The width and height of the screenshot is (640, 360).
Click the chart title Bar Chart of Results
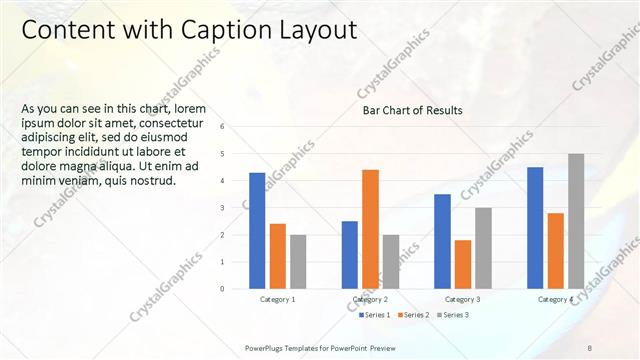click(412, 111)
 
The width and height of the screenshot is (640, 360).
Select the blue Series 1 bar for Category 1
click(257, 230)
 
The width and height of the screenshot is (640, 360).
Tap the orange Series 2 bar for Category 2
click(370, 229)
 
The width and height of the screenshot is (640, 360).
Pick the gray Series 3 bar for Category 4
click(576, 221)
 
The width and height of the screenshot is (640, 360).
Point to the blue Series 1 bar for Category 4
click(535, 227)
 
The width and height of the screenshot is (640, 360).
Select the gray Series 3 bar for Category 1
click(298, 261)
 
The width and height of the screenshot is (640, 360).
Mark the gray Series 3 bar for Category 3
click(483, 248)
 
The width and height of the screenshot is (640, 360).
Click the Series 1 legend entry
click(375, 315)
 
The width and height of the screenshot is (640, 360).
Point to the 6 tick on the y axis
click(236, 127)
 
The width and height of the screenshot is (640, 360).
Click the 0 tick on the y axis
click(236, 289)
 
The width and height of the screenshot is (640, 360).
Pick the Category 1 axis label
click(278, 299)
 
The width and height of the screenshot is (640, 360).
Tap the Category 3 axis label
click(463, 299)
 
